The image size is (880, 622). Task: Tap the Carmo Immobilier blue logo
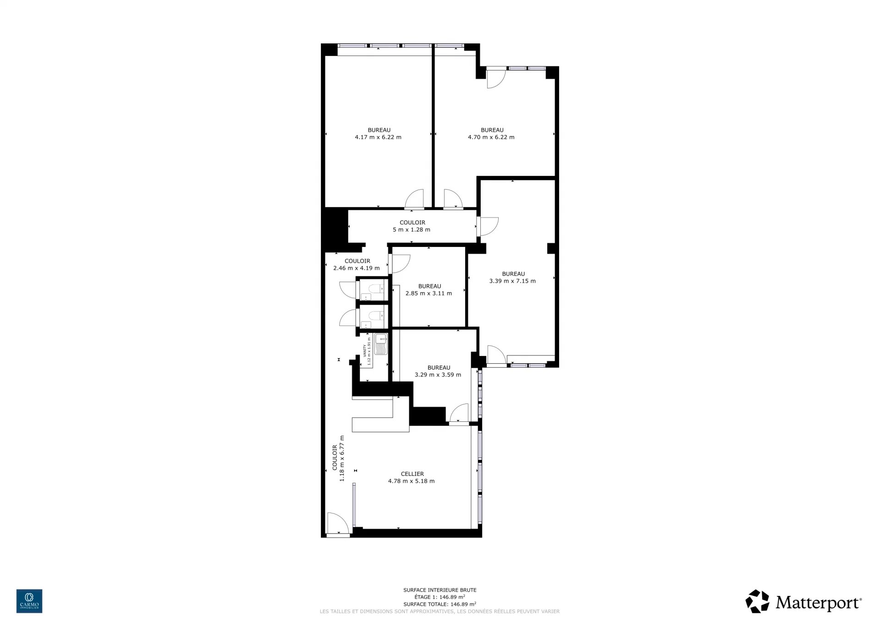(29, 601)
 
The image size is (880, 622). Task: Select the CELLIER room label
(412, 474)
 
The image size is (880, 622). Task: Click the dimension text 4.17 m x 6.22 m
(378, 137)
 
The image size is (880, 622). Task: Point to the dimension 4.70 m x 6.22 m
(491, 137)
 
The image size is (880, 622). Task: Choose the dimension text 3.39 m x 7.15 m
(512, 281)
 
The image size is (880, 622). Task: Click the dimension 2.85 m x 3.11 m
(429, 294)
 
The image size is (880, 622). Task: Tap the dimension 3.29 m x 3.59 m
(438, 375)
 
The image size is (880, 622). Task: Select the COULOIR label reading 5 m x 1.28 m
(412, 226)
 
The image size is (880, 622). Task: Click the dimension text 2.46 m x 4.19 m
(357, 268)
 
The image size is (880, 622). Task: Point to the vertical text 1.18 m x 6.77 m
(342, 458)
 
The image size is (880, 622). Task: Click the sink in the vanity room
(381, 344)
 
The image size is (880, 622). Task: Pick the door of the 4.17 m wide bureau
(414, 199)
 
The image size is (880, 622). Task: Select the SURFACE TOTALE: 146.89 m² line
(440, 604)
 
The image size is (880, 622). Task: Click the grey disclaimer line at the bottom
(440, 611)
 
